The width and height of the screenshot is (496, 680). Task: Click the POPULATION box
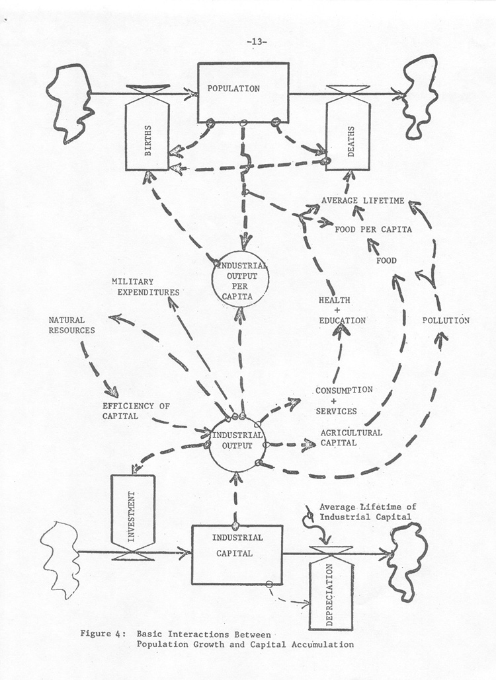[x=243, y=93]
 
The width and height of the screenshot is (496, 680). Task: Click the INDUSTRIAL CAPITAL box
[x=237, y=554]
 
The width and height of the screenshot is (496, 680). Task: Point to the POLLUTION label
[x=446, y=321]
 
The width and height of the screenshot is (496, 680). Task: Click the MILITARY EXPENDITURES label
[x=145, y=287]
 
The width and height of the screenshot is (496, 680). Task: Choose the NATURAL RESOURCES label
[x=71, y=324]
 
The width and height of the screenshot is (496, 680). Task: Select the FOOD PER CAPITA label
[x=374, y=229]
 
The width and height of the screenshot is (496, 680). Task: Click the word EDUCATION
[x=342, y=321]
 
